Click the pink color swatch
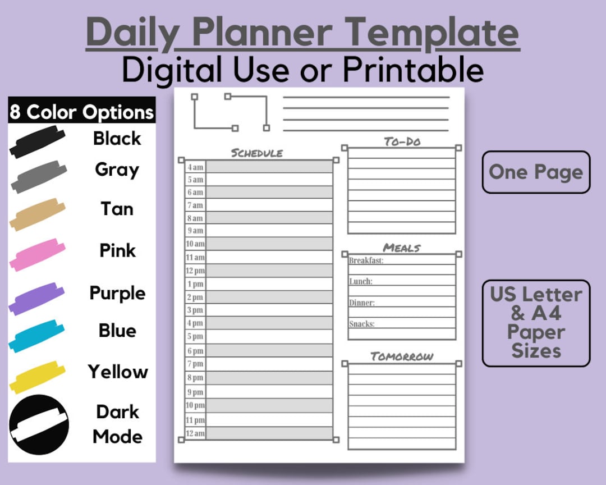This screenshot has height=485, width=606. click(x=37, y=254)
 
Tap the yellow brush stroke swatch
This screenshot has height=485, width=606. click(x=38, y=377)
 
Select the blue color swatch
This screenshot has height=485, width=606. click(x=37, y=336)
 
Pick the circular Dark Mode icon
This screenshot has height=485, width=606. click(x=39, y=425)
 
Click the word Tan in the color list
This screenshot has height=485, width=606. click(x=117, y=209)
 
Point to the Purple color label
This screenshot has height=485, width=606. click(x=117, y=293)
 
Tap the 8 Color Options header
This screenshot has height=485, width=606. click(x=82, y=112)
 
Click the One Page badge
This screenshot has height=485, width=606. click(x=536, y=172)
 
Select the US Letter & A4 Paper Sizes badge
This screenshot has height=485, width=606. click(x=536, y=323)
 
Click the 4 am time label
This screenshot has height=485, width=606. click(x=195, y=167)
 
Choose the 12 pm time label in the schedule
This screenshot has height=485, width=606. click(x=195, y=271)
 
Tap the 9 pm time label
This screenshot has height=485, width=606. click(x=195, y=392)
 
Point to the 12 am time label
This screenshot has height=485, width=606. click(x=195, y=433)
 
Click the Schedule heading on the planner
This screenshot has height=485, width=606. click(x=257, y=153)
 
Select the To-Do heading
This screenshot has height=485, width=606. click(x=402, y=141)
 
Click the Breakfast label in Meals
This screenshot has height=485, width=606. click(x=366, y=260)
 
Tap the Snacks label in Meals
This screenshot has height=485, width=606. click(x=361, y=324)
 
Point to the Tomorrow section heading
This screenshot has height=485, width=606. click(x=402, y=356)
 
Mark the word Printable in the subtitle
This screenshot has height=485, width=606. click(x=413, y=70)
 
